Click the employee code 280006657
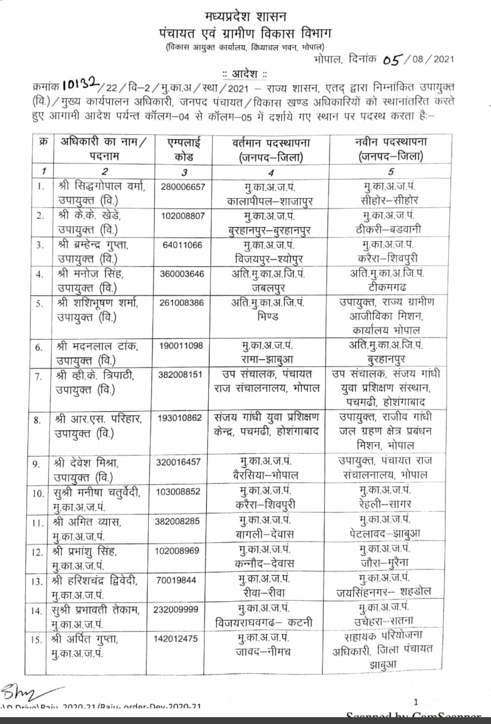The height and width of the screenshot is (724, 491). [183, 187]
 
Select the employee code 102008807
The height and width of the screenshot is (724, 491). [182, 216]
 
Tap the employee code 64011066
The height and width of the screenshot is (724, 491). [182, 245]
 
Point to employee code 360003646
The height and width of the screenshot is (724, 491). [181, 274]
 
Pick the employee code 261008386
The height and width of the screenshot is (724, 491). [181, 303]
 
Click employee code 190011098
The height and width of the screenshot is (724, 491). [180, 346]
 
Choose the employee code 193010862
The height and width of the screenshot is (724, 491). [180, 418]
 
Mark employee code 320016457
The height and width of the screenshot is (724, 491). [178, 462]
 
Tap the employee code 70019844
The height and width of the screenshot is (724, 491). [176, 580]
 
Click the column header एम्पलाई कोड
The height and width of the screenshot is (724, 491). [184, 149]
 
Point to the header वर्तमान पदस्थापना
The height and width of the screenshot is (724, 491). [271, 143]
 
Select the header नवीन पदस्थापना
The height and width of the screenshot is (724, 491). [391, 142]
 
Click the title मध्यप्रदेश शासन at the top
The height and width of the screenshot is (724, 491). [245, 17]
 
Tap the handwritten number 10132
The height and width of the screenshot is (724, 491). [81, 83]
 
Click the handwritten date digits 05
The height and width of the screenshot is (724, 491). [392, 60]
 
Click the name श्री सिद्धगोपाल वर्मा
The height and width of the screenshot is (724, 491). [102, 186]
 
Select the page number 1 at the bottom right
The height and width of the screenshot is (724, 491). [416, 702]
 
